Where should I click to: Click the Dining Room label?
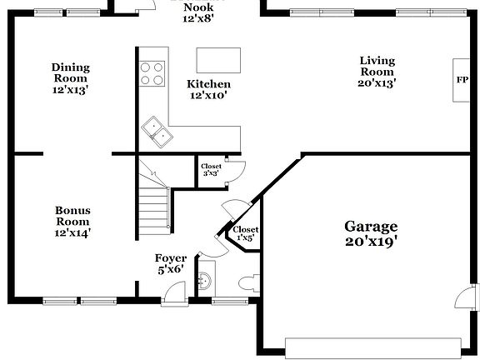(70, 77)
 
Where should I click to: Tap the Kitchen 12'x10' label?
(208, 90)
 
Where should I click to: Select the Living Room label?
(377, 71)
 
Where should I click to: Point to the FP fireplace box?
(461, 81)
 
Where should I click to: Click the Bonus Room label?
(72, 221)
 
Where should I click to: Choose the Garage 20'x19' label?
(371, 234)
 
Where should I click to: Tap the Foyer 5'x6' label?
(170, 263)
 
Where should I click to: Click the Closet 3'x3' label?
(211, 170)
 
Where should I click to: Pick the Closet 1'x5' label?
(245, 234)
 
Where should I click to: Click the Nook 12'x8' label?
(197, 12)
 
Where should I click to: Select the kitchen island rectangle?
(218, 60)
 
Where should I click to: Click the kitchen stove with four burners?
(152, 73)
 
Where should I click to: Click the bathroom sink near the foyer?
(204, 279)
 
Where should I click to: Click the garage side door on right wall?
(469, 297)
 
